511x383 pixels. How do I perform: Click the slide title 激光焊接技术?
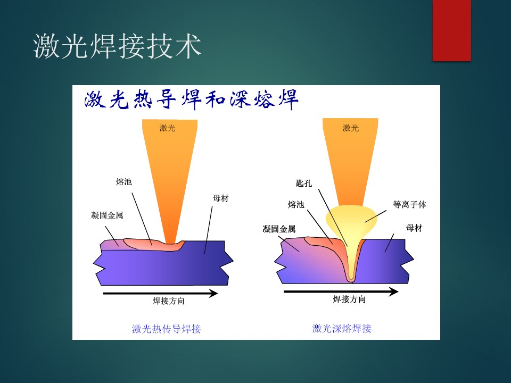(117, 46)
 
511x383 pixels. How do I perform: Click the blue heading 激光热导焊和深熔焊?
(191, 99)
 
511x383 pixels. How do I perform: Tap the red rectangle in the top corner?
(452, 30)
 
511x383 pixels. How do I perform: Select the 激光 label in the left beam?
(167, 128)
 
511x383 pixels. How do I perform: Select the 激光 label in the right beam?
(351, 128)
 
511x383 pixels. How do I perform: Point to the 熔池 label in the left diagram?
(124, 182)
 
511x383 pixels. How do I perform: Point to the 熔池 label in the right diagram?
(296, 204)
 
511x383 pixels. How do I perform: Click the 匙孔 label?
(304, 184)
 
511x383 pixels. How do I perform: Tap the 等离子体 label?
(409, 204)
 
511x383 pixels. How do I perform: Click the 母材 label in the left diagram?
(220, 198)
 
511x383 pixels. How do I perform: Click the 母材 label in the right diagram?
(414, 228)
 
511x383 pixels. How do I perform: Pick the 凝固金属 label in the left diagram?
(107, 215)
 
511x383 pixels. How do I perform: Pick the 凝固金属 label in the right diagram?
(279, 229)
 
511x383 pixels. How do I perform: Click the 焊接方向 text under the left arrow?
(169, 301)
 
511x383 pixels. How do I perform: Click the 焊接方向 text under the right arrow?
(349, 299)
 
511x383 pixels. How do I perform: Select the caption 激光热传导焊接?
(166, 329)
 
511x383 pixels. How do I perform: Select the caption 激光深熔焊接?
(342, 328)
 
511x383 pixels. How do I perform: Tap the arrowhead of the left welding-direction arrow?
(214, 294)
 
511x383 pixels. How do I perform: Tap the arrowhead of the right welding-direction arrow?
(394, 292)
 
